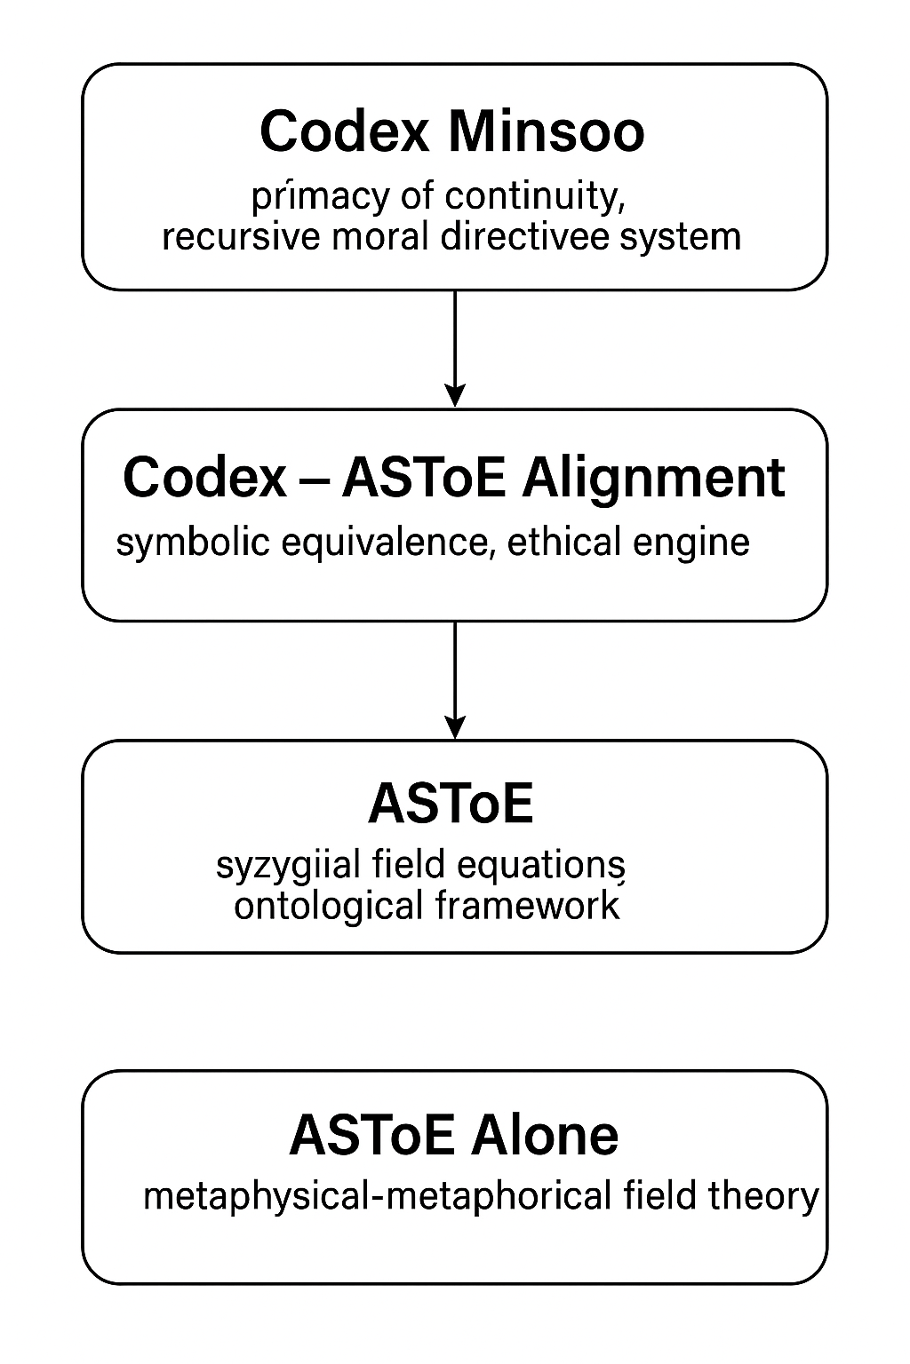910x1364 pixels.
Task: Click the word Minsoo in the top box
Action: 547,131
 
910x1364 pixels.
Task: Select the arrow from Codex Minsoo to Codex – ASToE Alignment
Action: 455,348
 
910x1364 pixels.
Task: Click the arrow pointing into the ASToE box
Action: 455,679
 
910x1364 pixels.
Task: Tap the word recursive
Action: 241,237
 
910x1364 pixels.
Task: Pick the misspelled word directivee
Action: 523,237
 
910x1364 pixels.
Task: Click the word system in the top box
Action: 680,238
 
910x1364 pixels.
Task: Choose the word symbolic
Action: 193,543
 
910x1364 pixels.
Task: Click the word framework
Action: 528,906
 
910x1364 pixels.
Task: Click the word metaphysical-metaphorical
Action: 378,1196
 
